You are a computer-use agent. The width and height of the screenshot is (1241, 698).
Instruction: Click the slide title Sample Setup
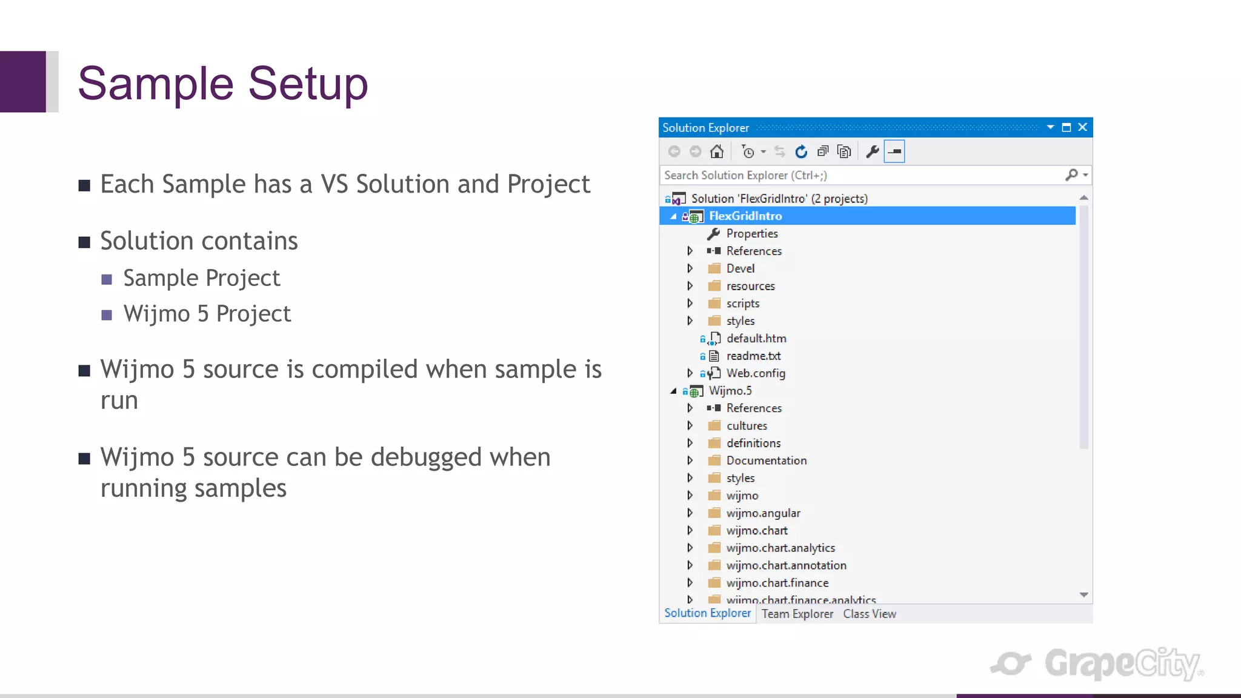pyautogui.click(x=222, y=84)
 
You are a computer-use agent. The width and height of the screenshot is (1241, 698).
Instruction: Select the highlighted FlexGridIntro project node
pyautogui.click(x=745, y=216)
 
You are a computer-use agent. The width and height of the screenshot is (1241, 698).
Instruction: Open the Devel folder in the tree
pyautogui.click(x=740, y=268)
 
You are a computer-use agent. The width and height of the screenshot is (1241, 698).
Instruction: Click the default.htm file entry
pyautogui.click(x=756, y=339)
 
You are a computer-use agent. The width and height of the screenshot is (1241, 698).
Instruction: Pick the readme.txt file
pyautogui.click(x=753, y=356)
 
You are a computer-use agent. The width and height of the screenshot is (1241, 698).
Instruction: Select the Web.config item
pyautogui.click(x=755, y=373)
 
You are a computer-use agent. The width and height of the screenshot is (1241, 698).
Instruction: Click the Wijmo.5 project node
pyautogui.click(x=730, y=391)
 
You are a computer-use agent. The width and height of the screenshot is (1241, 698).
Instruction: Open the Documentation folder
pyautogui.click(x=766, y=460)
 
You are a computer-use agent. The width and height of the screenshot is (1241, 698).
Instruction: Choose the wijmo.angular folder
pyautogui.click(x=763, y=513)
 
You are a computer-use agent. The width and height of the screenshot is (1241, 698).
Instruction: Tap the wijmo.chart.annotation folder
pyautogui.click(x=786, y=565)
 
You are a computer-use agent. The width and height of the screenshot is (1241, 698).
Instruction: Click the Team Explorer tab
pyautogui.click(x=797, y=614)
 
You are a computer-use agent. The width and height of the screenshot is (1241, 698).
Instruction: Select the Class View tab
pyautogui.click(x=869, y=614)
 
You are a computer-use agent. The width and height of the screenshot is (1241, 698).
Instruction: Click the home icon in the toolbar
pyautogui.click(x=717, y=151)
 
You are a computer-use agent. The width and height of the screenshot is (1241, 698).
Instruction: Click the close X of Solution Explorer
pyautogui.click(x=1083, y=127)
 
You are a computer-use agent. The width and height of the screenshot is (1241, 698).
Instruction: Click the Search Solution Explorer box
pyautogui.click(x=860, y=175)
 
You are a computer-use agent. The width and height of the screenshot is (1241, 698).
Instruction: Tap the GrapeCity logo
pyautogui.click(x=1097, y=663)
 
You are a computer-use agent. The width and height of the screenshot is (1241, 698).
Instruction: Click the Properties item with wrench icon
pyautogui.click(x=751, y=234)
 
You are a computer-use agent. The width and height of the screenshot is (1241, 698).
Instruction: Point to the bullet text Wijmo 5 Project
pyautogui.click(x=207, y=314)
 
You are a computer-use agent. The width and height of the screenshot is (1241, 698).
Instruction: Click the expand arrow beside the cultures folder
pyautogui.click(x=690, y=426)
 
